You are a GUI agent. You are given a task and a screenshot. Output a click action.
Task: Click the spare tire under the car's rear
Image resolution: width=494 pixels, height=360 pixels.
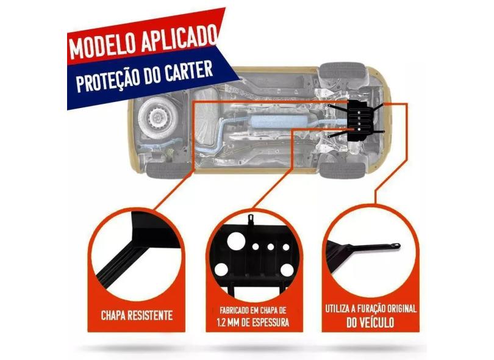coord(154,115)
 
